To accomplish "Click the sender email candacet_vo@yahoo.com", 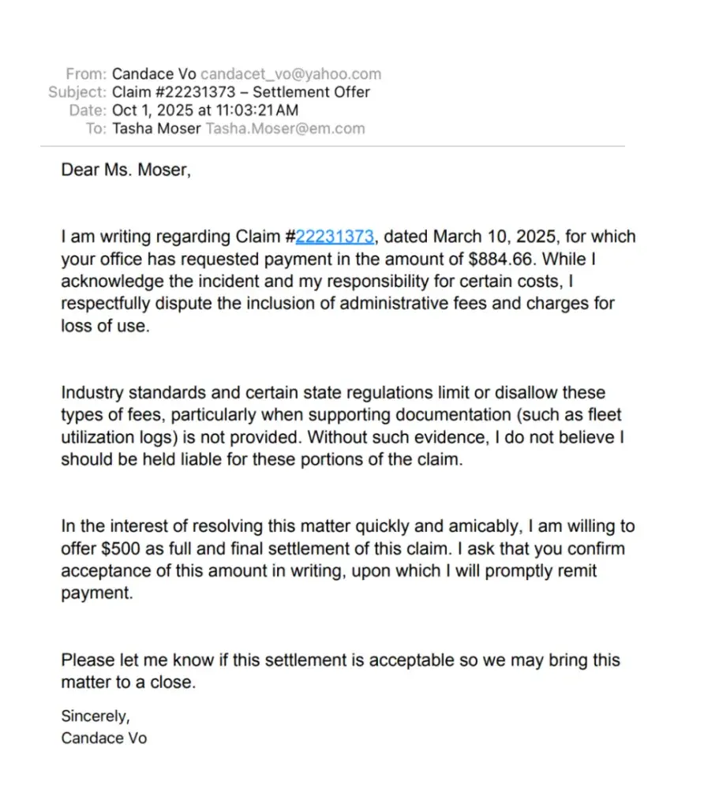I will click(x=290, y=74).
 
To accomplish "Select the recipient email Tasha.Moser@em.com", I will click(x=285, y=129).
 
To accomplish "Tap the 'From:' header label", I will click(x=86, y=74).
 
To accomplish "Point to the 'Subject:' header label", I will click(x=77, y=92).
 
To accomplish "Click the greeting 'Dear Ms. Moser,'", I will click(x=125, y=170).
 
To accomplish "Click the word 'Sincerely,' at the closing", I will click(x=95, y=716).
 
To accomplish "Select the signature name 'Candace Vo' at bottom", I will click(x=103, y=739).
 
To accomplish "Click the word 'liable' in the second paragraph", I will click(x=221, y=458).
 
